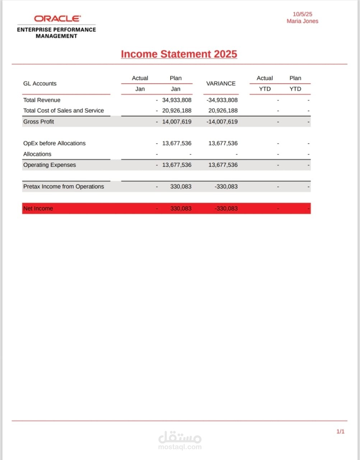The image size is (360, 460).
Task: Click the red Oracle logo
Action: point(57,18)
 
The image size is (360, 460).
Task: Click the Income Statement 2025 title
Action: point(179,54)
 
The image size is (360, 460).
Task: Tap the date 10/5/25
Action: point(302,14)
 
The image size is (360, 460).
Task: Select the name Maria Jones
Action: point(302,21)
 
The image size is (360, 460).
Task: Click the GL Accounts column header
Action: point(40,83)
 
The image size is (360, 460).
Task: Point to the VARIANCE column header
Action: point(221,83)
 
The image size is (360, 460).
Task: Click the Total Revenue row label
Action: point(42,100)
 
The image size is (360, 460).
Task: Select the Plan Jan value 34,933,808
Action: point(176,100)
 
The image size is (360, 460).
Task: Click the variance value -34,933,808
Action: point(222,100)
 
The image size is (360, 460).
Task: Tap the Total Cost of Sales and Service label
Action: point(63,111)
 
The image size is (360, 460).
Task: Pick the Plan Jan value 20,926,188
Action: point(176,111)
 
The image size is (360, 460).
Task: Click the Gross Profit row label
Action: point(38,121)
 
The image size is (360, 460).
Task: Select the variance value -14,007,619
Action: point(222,121)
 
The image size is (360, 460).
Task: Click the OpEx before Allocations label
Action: point(54,143)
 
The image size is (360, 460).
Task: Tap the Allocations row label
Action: point(37,154)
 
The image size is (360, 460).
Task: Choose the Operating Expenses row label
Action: point(50,165)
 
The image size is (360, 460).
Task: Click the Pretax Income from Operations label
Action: point(63,187)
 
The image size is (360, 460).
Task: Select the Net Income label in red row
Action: point(38,208)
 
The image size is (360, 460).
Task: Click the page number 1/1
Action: point(340,431)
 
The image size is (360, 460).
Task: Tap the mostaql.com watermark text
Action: point(180,447)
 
